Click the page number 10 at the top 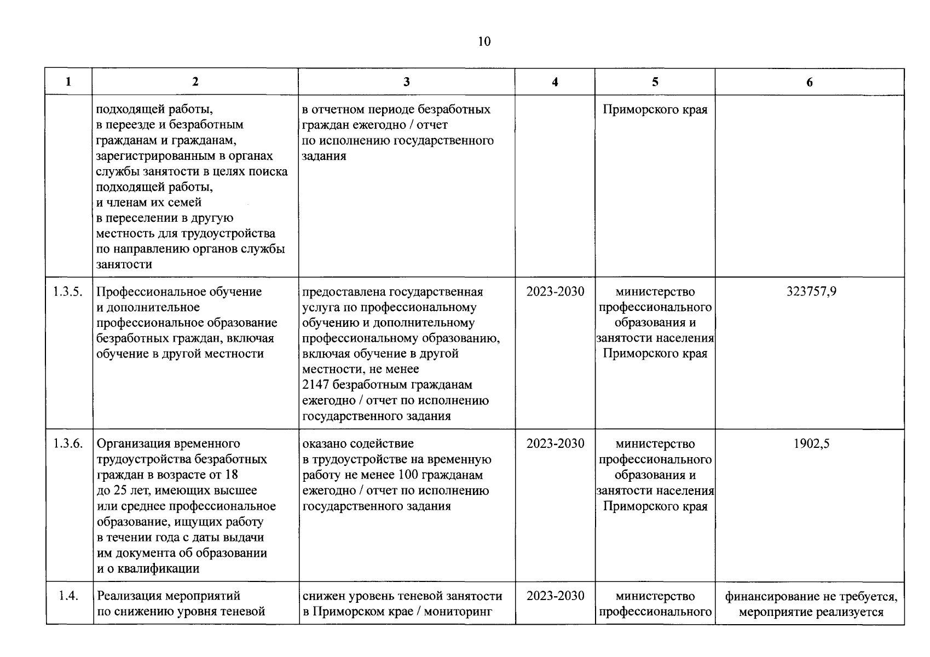coord(484,42)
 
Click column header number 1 coord(68,82)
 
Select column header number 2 coord(195,82)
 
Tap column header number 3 coord(406,82)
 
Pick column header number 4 coord(555,82)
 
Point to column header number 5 coord(655,82)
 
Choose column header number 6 coord(810,82)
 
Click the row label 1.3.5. coord(68,292)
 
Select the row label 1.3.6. coord(68,444)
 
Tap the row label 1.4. coord(68,596)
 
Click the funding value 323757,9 coord(811,292)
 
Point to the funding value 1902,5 coord(811,444)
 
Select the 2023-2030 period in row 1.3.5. coord(555,292)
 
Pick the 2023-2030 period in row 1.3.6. coord(555,444)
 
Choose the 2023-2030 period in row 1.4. coord(555,596)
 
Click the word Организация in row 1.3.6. coord(132,444)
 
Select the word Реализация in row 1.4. coord(128,596)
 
